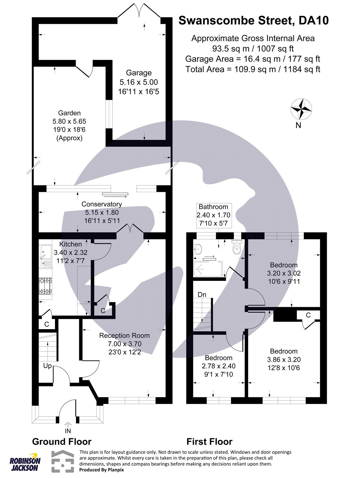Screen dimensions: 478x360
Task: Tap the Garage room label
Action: pos(138,73)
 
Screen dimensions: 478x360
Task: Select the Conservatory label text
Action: pos(102,204)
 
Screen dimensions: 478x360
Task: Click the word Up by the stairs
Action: pos(47,366)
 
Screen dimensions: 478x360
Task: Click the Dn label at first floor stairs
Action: pos(202,295)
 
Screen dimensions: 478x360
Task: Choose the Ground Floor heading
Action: pos(62,442)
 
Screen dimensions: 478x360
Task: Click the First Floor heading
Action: pos(209,442)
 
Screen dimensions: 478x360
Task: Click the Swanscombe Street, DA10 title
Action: pos(254,21)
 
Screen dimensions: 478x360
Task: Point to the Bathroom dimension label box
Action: pos(213,215)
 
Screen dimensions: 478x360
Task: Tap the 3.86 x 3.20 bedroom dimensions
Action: pos(283,360)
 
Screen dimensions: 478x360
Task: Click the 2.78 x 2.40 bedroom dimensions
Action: pos(219,366)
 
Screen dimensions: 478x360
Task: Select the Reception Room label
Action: pos(124,335)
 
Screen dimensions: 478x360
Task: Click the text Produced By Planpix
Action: pos(101,470)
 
